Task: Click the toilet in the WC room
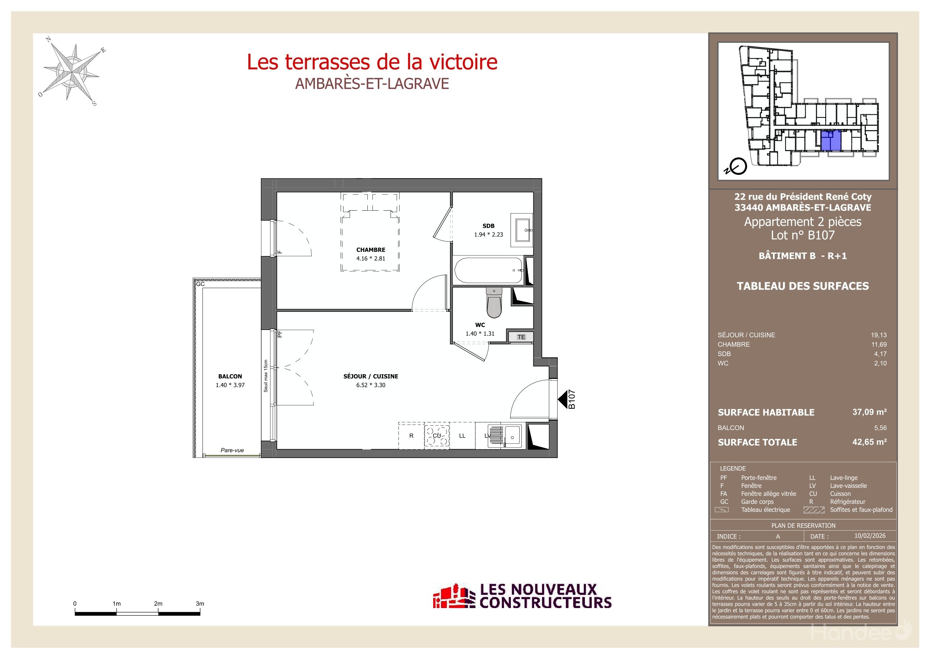494,304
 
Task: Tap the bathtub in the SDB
488,270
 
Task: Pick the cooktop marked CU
437,436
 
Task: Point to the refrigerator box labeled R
411,436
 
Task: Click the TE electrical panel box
521,337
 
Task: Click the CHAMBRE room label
371,250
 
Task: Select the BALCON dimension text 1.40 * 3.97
230,385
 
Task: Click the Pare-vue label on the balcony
232,450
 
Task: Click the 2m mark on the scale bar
158,604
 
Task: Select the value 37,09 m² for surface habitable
869,412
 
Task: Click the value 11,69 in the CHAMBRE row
879,345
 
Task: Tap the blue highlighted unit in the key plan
831,141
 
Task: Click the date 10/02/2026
870,536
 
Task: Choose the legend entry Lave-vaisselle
848,486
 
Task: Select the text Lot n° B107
802,235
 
